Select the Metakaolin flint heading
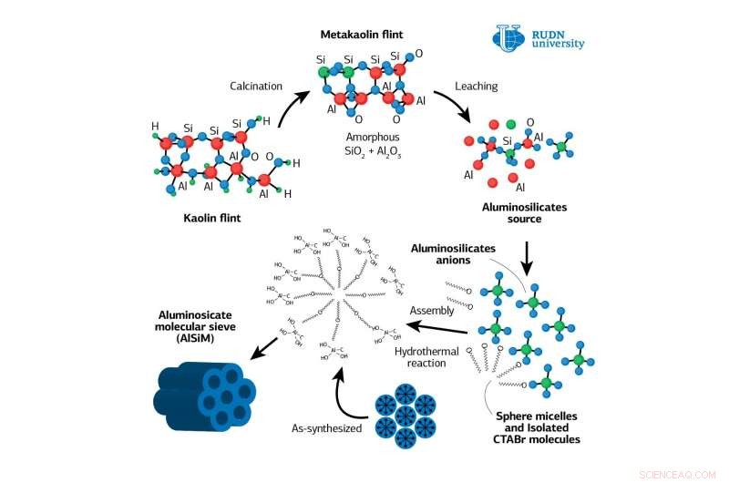click(362, 35)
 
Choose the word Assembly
click(431, 310)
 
